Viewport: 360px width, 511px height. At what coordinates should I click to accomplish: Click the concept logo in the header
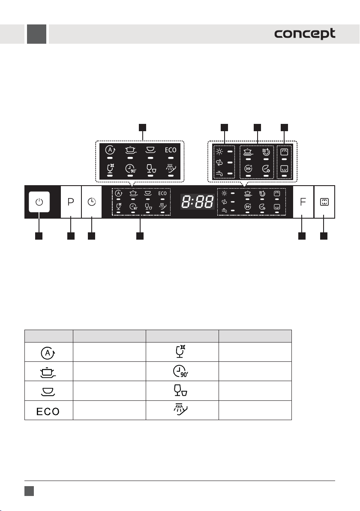click(305, 33)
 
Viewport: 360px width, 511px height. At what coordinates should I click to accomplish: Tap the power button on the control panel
click(39, 202)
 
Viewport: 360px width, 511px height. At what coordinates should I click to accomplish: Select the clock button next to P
click(92, 202)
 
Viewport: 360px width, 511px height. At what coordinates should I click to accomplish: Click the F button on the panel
click(303, 202)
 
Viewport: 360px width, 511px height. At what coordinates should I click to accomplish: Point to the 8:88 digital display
click(198, 202)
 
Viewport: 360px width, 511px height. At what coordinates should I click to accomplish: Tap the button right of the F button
click(324, 202)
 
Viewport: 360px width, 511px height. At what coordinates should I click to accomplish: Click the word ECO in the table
click(48, 411)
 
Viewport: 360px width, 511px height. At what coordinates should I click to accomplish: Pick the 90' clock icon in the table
click(180, 372)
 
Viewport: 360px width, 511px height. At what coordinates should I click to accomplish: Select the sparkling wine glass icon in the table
click(180, 352)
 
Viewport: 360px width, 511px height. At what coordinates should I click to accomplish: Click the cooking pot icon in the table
click(48, 373)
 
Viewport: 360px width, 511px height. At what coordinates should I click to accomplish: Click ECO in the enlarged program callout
click(171, 150)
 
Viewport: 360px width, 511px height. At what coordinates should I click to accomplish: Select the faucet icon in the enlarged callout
click(219, 173)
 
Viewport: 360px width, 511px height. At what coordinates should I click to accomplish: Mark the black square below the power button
click(39, 236)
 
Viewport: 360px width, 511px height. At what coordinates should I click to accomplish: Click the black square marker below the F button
click(302, 236)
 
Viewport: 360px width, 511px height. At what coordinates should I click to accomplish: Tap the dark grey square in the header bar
click(36, 34)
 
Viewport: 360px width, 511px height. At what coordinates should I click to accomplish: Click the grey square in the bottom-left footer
click(29, 491)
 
